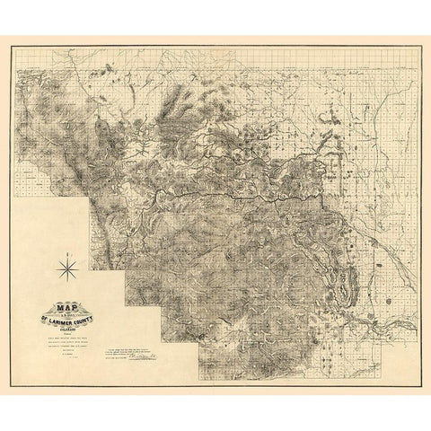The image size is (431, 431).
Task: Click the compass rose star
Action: (69, 267)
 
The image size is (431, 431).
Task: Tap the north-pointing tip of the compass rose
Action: (69, 257)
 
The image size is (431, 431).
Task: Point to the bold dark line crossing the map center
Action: (233, 193)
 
